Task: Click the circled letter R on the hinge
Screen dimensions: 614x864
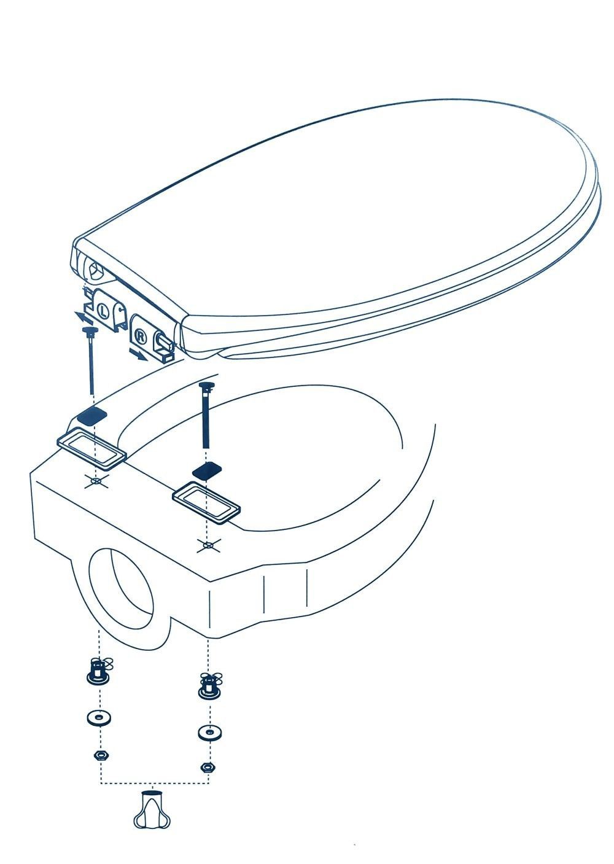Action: pos(141,337)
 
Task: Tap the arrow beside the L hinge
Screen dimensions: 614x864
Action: pos(85,318)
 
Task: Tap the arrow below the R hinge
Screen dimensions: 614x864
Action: pos(138,355)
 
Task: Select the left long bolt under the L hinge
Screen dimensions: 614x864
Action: pos(91,360)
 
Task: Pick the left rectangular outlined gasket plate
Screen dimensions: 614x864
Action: pos(91,450)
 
